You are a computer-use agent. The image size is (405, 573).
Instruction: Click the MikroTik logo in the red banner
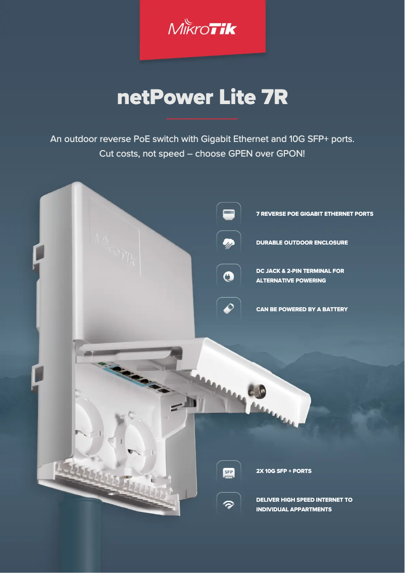click(x=202, y=29)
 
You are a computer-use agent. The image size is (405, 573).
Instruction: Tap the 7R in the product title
click(x=275, y=98)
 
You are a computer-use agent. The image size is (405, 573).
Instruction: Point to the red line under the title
click(x=202, y=119)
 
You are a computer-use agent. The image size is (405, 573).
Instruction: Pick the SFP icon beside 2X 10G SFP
click(x=228, y=471)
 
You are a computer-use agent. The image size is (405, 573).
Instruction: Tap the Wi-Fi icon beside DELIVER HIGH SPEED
click(x=228, y=504)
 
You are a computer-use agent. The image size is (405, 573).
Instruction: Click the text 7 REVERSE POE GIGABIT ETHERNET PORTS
click(x=315, y=214)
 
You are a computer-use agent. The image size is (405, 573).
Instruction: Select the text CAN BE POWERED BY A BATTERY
click(x=301, y=309)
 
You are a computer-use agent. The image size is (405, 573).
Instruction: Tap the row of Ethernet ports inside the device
click(x=132, y=377)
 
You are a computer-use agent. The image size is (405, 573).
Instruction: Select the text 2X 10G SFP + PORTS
click(x=283, y=471)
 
